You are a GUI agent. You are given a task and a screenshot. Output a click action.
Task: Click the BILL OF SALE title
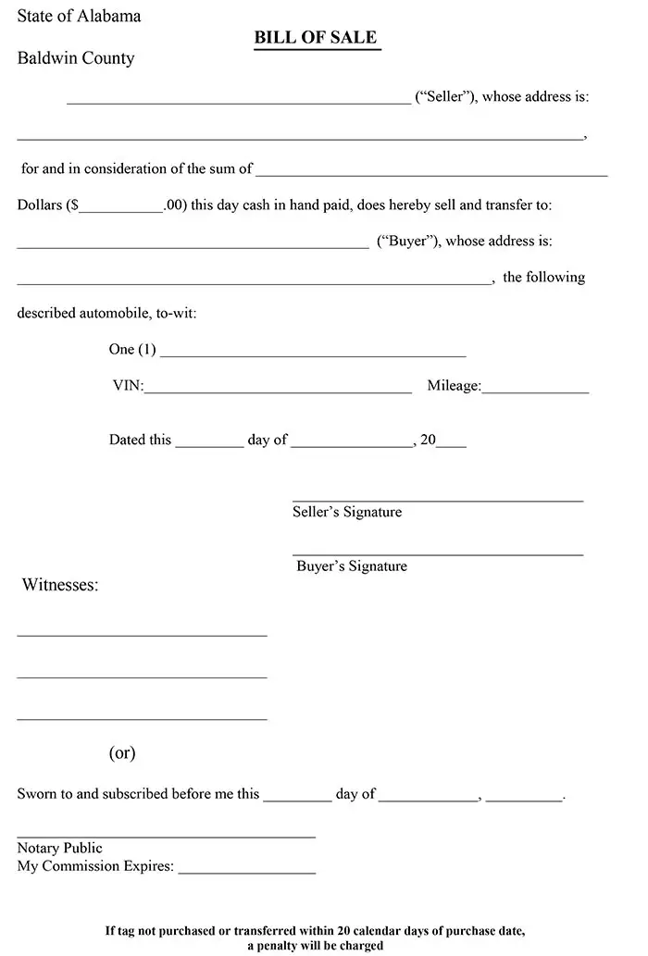[x=317, y=38]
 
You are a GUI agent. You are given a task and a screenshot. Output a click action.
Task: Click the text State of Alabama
[x=79, y=16]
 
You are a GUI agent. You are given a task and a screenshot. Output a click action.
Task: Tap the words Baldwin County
[x=76, y=58]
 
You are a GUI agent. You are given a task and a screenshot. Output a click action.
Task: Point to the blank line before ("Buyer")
[x=193, y=243]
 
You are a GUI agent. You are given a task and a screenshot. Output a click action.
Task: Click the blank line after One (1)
[x=313, y=353]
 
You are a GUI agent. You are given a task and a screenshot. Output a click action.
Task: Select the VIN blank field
[x=278, y=389]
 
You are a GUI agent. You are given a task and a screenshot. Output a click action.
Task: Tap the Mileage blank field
[x=535, y=389]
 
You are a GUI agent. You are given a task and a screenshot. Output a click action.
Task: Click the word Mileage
[x=454, y=386]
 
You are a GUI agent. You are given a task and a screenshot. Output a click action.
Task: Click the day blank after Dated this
[x=209, y=442]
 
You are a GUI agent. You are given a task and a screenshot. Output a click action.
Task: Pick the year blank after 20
[x=451, y=442]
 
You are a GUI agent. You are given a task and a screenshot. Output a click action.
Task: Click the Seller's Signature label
[x=347, y=512]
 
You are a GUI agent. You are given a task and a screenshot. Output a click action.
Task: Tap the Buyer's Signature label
[x=352, y=566]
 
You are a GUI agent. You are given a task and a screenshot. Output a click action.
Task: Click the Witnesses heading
[x=60, y=585]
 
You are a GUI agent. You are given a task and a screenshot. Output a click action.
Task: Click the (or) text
[x=122, y=752]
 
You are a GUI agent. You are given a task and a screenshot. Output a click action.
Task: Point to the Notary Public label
[x=60, y=848]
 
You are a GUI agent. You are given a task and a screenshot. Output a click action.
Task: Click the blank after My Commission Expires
[x=246, y=869]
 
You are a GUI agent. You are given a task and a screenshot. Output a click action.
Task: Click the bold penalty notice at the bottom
[x=316, y=937]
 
